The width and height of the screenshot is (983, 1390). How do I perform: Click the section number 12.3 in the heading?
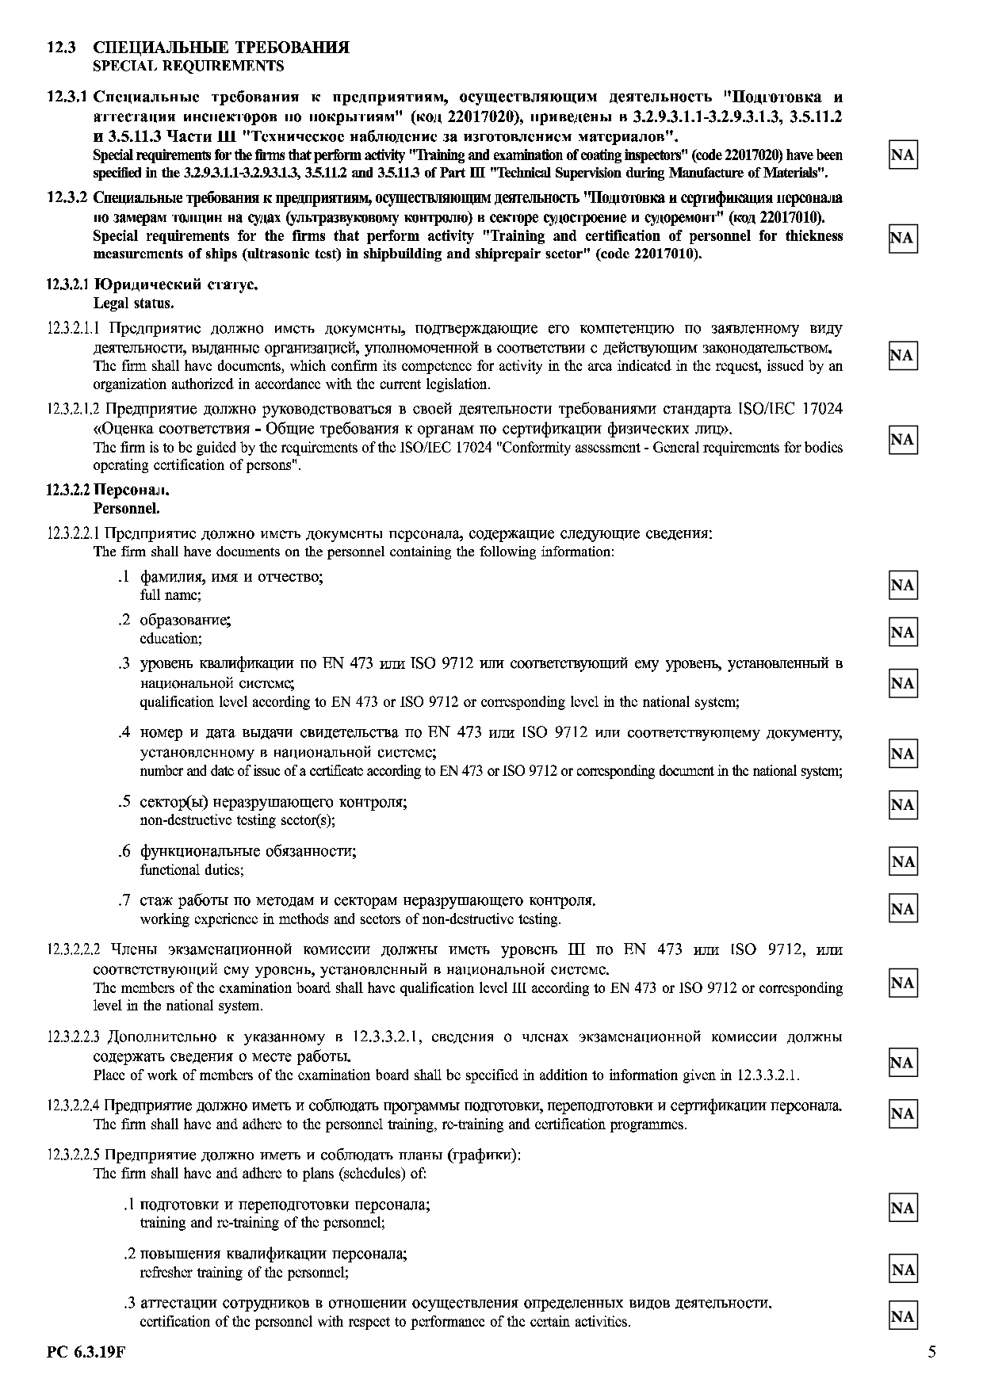(61, 48)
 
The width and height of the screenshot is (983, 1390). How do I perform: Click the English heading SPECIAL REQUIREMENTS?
(188, 66)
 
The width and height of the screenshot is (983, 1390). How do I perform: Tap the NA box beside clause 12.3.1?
(902, 155)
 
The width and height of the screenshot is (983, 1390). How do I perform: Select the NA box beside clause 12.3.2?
(902, 238)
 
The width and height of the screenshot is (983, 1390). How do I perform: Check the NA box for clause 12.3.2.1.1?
(902, 356)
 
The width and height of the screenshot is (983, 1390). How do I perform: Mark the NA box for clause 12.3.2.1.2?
(902, 440)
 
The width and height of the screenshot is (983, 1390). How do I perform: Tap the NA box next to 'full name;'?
(902, 586)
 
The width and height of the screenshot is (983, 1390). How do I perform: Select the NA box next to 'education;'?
(902, 632)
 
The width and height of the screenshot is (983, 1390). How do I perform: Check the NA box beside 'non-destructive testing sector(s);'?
(902, 805)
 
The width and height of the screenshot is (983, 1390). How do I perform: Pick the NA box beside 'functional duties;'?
(902, 861)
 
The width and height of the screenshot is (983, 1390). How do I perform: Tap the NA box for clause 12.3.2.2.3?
(902, 1063)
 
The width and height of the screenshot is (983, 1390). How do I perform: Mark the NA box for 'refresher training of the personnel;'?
(902, 1270)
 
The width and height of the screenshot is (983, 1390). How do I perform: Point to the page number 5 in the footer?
(931, 1352)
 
